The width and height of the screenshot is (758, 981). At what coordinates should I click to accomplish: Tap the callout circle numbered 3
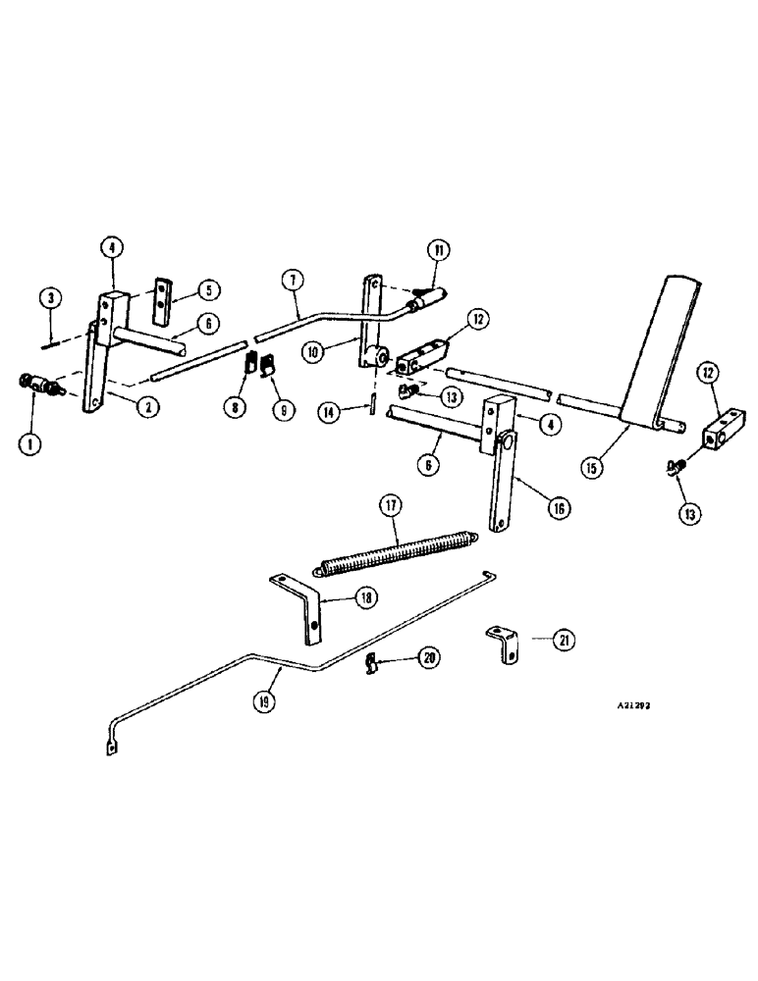[49, 297]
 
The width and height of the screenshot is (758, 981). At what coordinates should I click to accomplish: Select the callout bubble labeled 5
[208, 289]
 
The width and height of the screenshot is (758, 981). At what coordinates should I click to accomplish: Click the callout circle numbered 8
[234, 405]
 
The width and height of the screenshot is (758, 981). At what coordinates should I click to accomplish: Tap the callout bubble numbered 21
[563, 640]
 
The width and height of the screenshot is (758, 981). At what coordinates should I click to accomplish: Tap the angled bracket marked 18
[298, 608]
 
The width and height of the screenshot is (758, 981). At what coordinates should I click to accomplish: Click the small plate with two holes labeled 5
[161, 305]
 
